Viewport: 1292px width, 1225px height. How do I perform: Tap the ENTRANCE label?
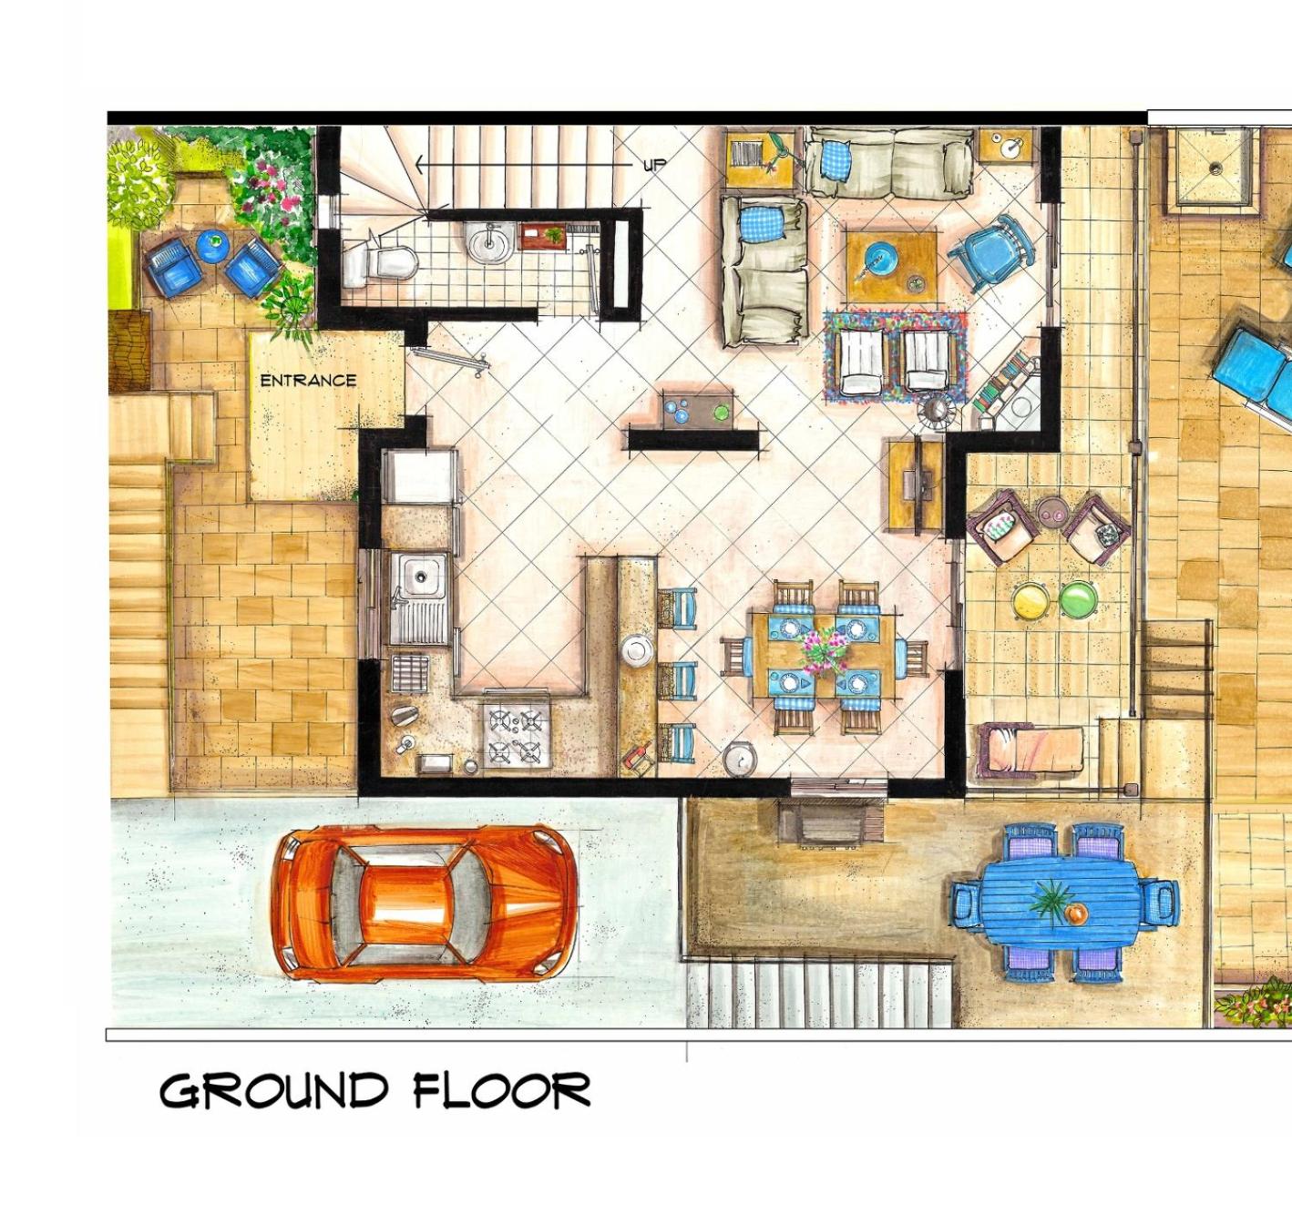pos(308,381)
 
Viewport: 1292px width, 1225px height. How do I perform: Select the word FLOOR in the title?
pos(501,1090)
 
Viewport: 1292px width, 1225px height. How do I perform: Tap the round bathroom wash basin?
pos(489,241)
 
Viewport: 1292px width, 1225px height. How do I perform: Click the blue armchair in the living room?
pos(989,252)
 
